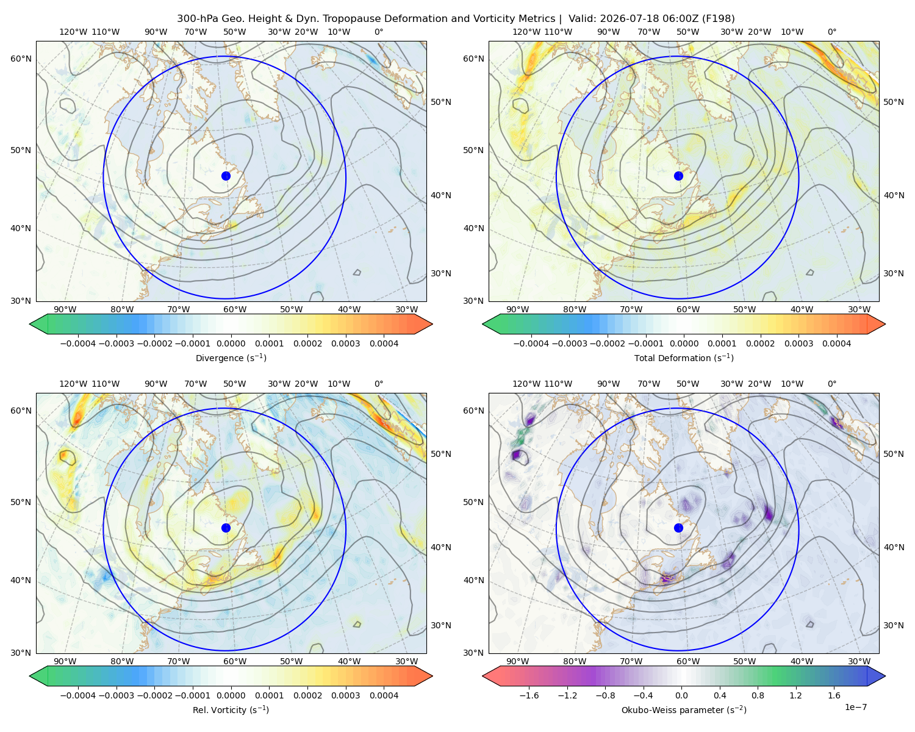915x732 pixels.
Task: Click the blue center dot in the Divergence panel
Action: pyautogui.click(x=226, y=176)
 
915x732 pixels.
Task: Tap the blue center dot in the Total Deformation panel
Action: pyautogui.click(x=678, y=176)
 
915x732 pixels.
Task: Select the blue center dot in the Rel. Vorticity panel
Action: pyautogui.click(x=226, y=528)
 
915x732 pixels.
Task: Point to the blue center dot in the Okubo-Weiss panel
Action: pyautogui.click(x=678, y=528)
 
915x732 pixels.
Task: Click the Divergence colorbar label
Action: pyautogui.click(x=231, y=357)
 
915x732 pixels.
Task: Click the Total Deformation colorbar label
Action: pyautogui.click(x=684, y=357)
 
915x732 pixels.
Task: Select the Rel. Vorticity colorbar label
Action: pyautogui.click(x=231, y=709)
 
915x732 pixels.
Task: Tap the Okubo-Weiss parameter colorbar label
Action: pyautogui.click(x=684, y=709)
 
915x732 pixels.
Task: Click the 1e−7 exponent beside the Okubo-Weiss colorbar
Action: pyautogui.click(x=855, y=707)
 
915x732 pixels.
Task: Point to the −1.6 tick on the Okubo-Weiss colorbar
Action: pyautogui.click(x=529, y=695)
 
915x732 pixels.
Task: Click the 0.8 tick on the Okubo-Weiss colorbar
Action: pyautogui.click(x=758, y=695)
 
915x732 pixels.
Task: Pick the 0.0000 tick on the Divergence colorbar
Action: pyautogui.click(x=231, y=343)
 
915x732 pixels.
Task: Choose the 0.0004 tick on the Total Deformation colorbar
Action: pyautogui.click(x=836, y=343)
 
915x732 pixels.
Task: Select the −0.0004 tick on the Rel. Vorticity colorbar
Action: pyautogui.click(x=78, y=695)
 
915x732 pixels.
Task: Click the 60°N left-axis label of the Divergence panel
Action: pyautogui.click(x=21, y=59)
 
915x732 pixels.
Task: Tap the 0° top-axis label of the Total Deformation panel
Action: pyautogui.click(x=831, y=32)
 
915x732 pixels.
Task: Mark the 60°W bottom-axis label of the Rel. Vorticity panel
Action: pyautogui.click(x=235, y=661)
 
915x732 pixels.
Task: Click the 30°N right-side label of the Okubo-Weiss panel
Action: pyautogui.click(x=893, y=625)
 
